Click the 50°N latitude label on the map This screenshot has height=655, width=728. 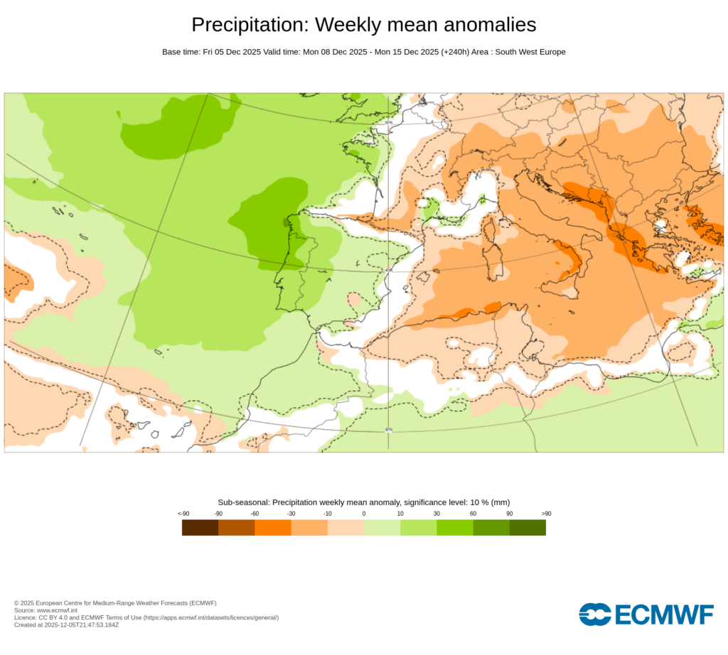click(x=388, y=122)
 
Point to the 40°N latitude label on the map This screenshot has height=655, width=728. click(x=388, y=270)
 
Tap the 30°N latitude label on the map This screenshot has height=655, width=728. click(x=388, y=429)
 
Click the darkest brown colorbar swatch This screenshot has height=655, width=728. click(x=200, y=528)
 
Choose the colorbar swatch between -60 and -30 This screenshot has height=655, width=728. click(x=273, y=528)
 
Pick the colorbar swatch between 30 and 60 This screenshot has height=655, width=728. click(x=455, y=528)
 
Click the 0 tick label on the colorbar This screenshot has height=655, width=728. click(x=364, y=514)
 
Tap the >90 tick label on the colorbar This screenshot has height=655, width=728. click(x=545, y=514)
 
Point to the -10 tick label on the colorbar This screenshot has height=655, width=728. click(x=327, y=514)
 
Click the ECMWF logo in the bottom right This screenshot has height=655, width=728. click(x=646, y=614)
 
